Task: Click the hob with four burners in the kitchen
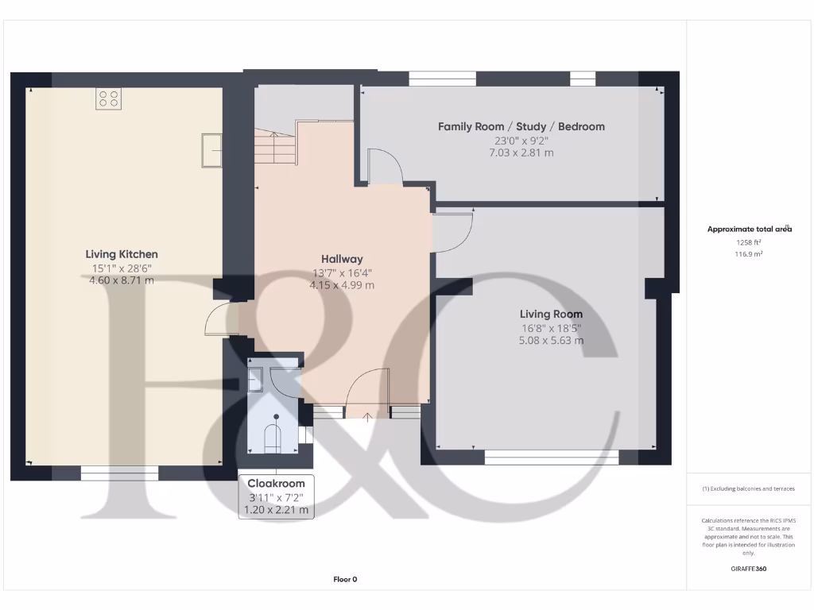pyautogui.click(x=109, y=98)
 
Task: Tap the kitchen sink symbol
pyautogui.click(x=212, y=150)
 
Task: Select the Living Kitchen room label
pyautogui.click(x=122, y=254)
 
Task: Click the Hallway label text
pyautogui.click(x=342, y=259)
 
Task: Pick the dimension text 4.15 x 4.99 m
pyautogui.click(x=342, y=285)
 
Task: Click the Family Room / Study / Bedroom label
pyautogui.click(x=521, y=126)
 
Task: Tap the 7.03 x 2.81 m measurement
pyautogui.click(x=521, y=152)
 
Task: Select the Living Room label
pyautogui.click(x=551, y=314)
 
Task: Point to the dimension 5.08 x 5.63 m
pyautogui.click(x=551, y=341)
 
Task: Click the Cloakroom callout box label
pyautogui.click(x=277, y=484)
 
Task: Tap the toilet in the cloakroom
pyautogui.click(x=273, y=437)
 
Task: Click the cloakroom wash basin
pyautogui.click(x=257, y=380)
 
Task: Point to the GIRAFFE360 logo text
pyautogui.click(x=748, y=569)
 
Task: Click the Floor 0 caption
pyautogui.click(x=345, y=579)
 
